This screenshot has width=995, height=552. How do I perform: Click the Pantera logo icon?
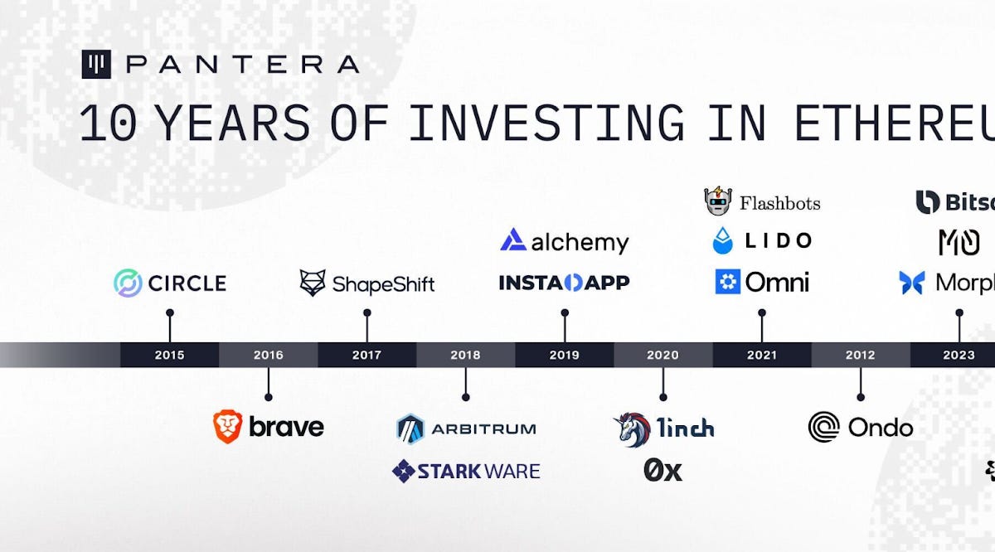point(96,65)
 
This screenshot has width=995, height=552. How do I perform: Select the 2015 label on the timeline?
point(169,355)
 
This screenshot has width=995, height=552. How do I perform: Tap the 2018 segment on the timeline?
point(465,355)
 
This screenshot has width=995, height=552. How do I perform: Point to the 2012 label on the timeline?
point(860,355)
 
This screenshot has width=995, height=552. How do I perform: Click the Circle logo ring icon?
point(128,283)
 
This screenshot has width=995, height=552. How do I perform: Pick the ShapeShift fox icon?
point(313,283)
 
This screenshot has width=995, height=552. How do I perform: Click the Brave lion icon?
point(227,426)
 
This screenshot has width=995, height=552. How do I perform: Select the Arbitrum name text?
point(483,429)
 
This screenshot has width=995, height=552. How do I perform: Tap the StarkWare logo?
point(465,472)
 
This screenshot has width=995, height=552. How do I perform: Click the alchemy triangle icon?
point(513,240)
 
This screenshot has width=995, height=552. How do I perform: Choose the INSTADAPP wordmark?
point(564,283)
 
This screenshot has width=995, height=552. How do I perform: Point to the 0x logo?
point(663,471)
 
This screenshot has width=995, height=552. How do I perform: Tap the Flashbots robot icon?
point(718,201)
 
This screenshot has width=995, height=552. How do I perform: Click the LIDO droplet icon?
point(723,240)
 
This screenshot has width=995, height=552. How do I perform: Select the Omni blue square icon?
point(727,283)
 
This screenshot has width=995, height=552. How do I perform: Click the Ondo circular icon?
point(823,427)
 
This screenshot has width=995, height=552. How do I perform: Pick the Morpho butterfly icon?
point(912,283)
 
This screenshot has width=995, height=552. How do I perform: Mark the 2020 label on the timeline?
point(663,355)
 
